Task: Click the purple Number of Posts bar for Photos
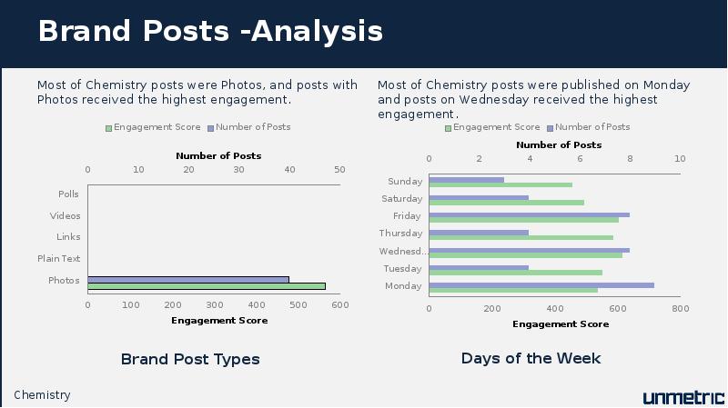pos(188,280)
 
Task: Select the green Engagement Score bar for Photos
pos(207,286)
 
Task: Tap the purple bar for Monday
pos(541,285)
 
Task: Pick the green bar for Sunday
pos(500,185)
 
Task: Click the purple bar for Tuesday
pos(479,267)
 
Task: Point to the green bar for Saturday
pos(507,203)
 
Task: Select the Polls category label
pos(68,194)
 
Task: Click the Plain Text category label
pos(58,258)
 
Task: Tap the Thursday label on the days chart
pos(400,234)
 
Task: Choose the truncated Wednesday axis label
pos(402,252)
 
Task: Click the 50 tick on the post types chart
pos(339,170)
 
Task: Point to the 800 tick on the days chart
pos(680,309)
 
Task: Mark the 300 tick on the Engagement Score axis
pos(215,305)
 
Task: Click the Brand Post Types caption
pos(190,359)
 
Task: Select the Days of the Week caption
pos(531,358)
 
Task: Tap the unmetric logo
pos(683,397)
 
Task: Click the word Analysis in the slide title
pos(317,32)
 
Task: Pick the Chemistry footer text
pos(42,395)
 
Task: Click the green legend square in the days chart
pos(448,128)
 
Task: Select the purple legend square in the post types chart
pos(210,128)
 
